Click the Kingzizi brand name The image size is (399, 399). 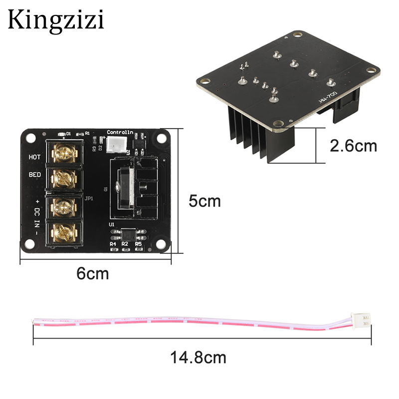[x=55, y=20]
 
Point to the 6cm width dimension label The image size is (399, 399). [x=92, y=273]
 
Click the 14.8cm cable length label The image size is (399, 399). [x=199, y=357]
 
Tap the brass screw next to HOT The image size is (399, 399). [x=64, y=152]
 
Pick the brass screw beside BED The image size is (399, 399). [x=64, y=177]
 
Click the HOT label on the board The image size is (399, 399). [x=34, y=157]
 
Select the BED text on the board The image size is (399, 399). [x=34, y=176]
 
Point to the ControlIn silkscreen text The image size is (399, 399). [x=120, y=132]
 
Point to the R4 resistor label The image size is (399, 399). [x=114, y=243]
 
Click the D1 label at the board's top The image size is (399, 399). [x=69, y=133]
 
